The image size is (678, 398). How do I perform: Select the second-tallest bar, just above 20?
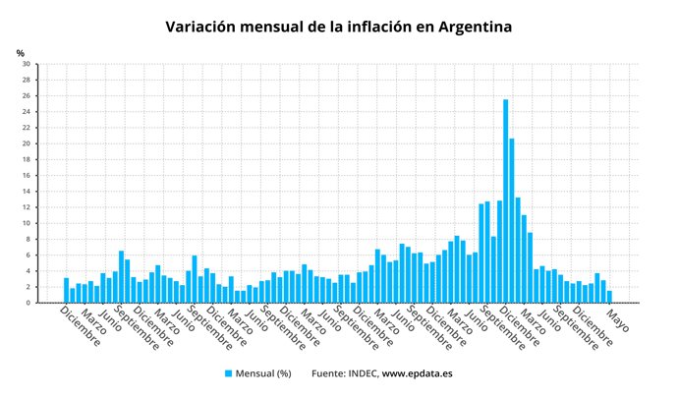click(x=512, y=220)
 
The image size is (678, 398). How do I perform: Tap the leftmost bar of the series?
click(x=67, y=290)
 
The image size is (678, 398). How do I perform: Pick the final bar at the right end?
click(x=609, y=297)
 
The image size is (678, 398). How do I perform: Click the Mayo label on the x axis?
click(x=617, y=321)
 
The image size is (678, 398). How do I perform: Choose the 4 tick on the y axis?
click(x=27, y=271)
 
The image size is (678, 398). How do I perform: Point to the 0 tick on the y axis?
click(x=27, y=303)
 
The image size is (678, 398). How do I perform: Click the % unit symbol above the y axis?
click(x=21, y=52)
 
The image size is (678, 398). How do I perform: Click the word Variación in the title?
click(x=204, y=26)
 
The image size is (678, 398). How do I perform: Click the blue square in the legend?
click(x=229, y=373)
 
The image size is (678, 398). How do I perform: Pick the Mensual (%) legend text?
click(x=264, y=373)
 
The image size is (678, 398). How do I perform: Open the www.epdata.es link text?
click(x=418, y=373)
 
